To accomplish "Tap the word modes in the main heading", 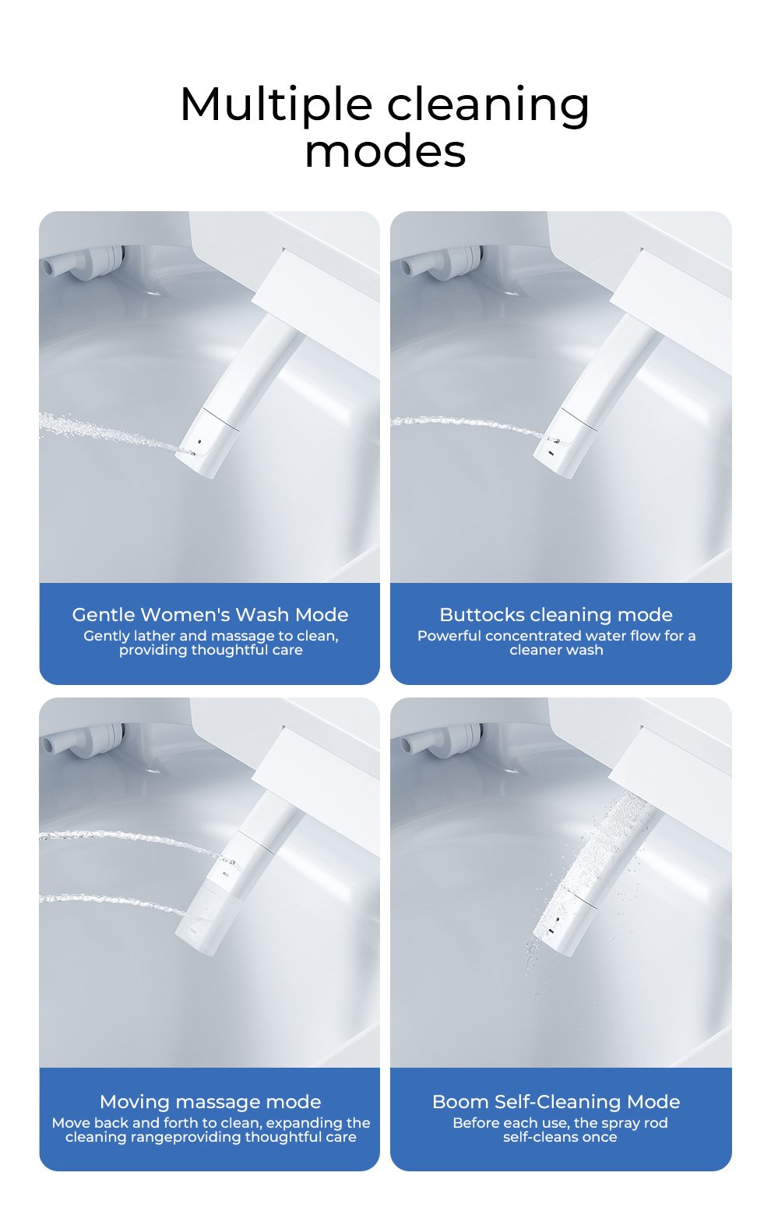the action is point(385,151).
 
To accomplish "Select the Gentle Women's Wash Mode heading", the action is point(210,614).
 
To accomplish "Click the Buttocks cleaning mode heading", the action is point(556,614).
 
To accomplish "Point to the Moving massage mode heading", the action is point(210,1102).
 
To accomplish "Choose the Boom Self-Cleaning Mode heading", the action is point(556,1102).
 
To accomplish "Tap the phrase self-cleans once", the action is point(560,1137).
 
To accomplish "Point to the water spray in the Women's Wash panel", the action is point(110,433).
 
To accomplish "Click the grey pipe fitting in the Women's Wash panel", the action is point(83,262).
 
